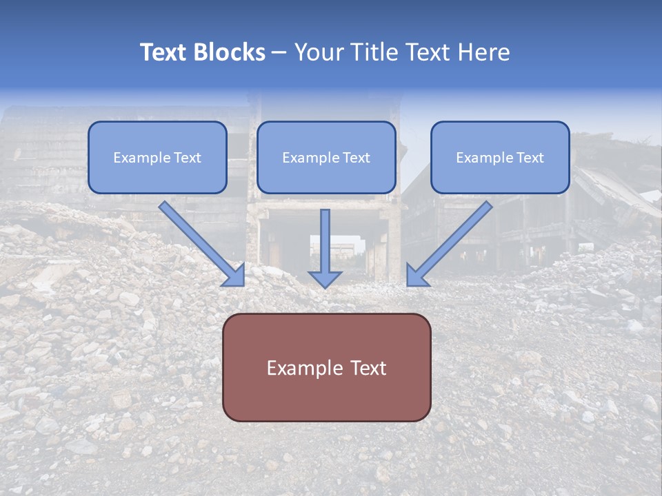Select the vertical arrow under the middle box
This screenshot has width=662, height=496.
click(325, 241)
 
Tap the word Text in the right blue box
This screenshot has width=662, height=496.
click(530, 158)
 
